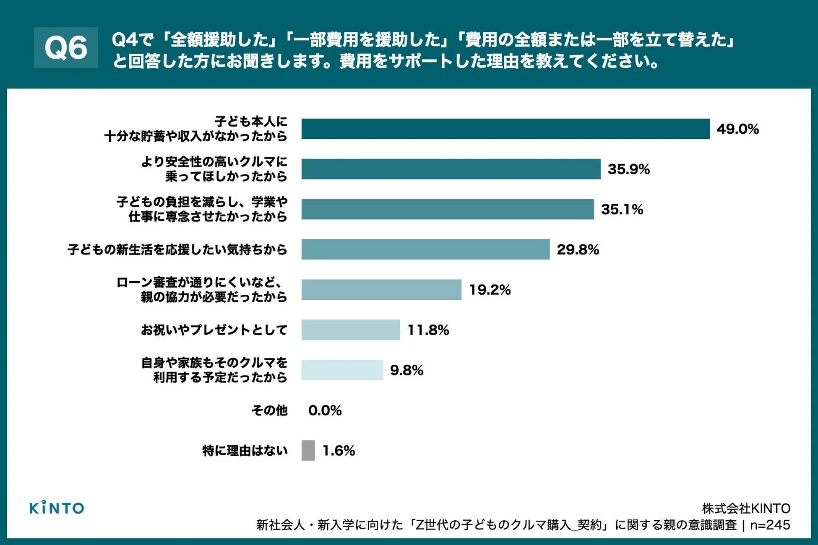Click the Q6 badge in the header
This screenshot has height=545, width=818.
(66, 47)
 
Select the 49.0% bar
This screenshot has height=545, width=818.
(505, 129)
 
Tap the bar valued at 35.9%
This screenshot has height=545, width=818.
(451, 169)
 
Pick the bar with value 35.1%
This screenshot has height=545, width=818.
(447, 209)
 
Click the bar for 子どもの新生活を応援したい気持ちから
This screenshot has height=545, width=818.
(425, 249)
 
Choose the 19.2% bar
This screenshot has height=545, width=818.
(381, 290)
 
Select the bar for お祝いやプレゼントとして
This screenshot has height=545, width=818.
(350, 330)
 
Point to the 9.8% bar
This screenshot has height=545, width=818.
(342, 370)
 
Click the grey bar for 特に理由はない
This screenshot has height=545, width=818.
(308, 451)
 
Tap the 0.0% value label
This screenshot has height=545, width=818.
(325, 410)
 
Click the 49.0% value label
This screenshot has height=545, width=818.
(737, 129)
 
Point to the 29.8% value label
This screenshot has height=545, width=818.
(578, 249)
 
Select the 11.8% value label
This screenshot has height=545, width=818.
(428, 330)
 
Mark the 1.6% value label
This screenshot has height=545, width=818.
(339, 451)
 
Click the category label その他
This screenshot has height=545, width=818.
(269, 410)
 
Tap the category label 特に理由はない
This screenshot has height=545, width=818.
(245, 451)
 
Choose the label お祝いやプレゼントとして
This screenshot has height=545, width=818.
(214, 330)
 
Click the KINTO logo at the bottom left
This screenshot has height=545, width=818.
(57, 508)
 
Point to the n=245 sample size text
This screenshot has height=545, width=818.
(770, 525)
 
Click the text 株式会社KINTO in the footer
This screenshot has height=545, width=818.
(746, 509)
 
